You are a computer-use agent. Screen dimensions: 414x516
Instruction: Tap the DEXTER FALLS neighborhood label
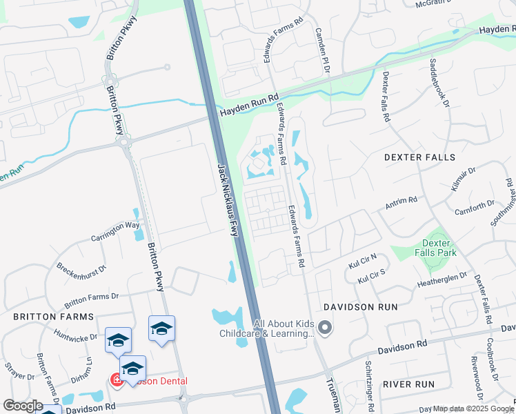tap(420, 157)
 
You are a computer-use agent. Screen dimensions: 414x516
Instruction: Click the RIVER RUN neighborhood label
tap(408, 384)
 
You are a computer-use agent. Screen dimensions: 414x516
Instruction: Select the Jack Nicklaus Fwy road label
tap(228, 200)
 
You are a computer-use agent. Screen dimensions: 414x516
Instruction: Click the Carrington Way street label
tap(115, 230)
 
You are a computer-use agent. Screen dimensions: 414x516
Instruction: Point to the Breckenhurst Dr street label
tap(81, 262)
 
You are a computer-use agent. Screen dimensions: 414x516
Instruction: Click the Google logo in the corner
tap(22, 405)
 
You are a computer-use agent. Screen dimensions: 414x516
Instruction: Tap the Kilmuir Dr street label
tap(462, 177)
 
